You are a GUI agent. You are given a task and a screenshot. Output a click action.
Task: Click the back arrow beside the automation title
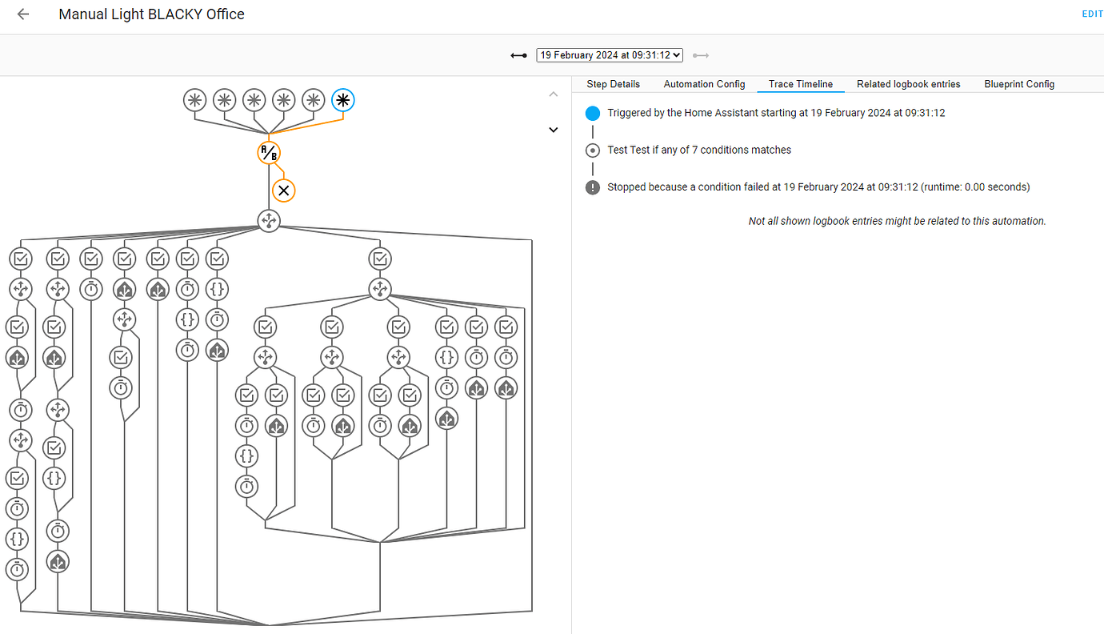pos(23,14)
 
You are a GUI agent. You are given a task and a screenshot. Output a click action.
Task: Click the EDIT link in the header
pos(1092,14)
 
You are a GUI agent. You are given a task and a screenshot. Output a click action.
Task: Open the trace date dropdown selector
pos(610,55)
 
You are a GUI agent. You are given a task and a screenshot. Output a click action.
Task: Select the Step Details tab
pos(613,84)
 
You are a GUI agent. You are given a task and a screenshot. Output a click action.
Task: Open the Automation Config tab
pos(704,84)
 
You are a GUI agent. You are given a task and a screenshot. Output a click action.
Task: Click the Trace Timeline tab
pos(800,84)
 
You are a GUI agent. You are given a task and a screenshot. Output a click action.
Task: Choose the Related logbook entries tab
pos(908,84)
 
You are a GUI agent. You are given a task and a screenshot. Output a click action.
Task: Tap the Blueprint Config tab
pos(1019,84)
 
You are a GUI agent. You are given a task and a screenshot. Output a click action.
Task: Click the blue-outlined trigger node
pos(343,100)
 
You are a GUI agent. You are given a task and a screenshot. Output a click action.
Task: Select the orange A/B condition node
pos(269,152)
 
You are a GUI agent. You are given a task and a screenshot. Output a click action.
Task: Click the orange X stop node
pos(283,191)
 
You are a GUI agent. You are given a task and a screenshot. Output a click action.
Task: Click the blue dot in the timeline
pos(592,113)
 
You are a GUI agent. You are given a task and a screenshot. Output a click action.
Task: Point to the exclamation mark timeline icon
pos(592,187)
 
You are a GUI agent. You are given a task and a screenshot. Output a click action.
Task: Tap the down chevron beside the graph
pos(553,130)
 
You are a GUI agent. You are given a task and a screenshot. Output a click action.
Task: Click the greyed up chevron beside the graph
pos(553,94)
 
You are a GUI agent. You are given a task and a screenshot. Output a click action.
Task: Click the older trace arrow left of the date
pos(519,55)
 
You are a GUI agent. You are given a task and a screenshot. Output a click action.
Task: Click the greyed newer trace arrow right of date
pos(701,55)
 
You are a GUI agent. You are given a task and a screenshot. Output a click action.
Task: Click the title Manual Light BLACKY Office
pos(151,14)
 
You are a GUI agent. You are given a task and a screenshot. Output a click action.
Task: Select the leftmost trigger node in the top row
pos(194,100)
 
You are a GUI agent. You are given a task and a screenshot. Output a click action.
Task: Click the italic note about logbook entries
pos(897,221)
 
